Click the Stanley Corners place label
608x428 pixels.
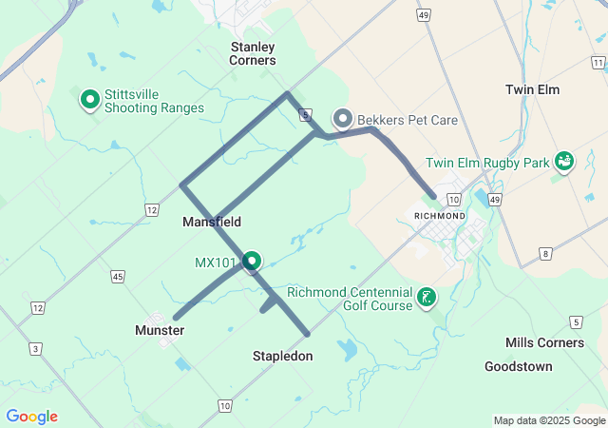point(253,53)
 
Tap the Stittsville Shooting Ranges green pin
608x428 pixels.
point(90,99)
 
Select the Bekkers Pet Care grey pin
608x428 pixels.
point(343,119)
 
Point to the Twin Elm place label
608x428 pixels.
point(532,89)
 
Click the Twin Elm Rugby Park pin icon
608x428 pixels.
point(563,162)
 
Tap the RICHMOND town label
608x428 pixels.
point(440,216)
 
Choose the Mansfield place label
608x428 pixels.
point(211,222)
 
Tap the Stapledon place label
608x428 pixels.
point(282,356)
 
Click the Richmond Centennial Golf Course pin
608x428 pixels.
point(427,298)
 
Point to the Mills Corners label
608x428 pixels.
point(545,342)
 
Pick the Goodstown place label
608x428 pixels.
point(518,366)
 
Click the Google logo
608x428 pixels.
point(31,417)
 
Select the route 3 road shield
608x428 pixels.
point(35,350)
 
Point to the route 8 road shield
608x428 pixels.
point(544,253)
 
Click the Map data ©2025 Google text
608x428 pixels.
point(549,420)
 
